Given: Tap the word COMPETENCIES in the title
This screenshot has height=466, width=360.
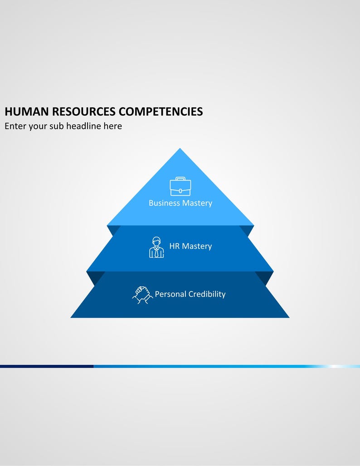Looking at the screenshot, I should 161,112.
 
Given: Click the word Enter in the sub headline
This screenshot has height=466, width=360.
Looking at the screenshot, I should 15,126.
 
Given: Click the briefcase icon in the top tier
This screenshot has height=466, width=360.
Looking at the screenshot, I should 180,186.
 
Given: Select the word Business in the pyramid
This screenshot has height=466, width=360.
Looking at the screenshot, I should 164,203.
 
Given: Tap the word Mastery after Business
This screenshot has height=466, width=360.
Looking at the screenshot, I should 197,204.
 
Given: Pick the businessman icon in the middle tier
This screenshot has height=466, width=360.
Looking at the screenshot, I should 156,247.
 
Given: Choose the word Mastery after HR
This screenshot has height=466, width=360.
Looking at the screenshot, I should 197,247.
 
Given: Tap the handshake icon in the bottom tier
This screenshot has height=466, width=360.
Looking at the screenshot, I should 142,295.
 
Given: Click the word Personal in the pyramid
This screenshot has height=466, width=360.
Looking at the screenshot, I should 170,294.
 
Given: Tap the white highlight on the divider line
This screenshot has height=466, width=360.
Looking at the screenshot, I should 336,366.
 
